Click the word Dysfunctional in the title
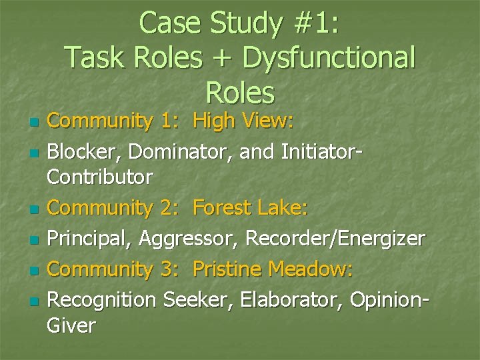(x=328, y=57)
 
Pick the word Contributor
(x=100, y=177)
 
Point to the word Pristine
(x=227, y=269)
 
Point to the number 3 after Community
(x=168, y=269)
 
